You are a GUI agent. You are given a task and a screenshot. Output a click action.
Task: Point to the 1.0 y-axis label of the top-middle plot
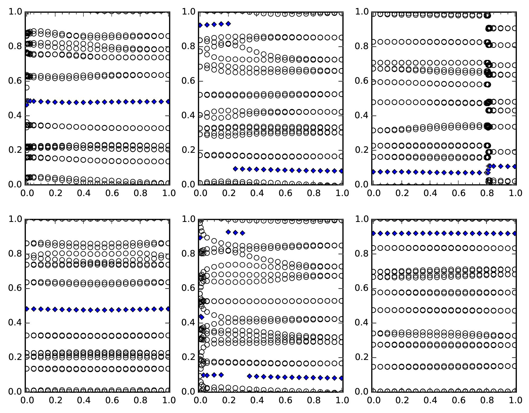[188, 12]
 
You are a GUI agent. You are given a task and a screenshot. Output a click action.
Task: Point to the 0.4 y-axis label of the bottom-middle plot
[188, 323]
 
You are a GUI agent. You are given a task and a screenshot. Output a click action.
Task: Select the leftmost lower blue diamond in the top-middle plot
[235, 169]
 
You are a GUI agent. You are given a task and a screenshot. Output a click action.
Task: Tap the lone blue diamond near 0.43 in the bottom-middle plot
[201, 317]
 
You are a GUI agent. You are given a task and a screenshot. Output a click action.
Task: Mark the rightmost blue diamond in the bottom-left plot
[168, 308]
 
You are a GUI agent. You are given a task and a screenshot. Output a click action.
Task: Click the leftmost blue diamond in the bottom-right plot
[373, 233]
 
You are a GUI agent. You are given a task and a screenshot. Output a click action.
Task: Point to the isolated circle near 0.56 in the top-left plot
[26, 88]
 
